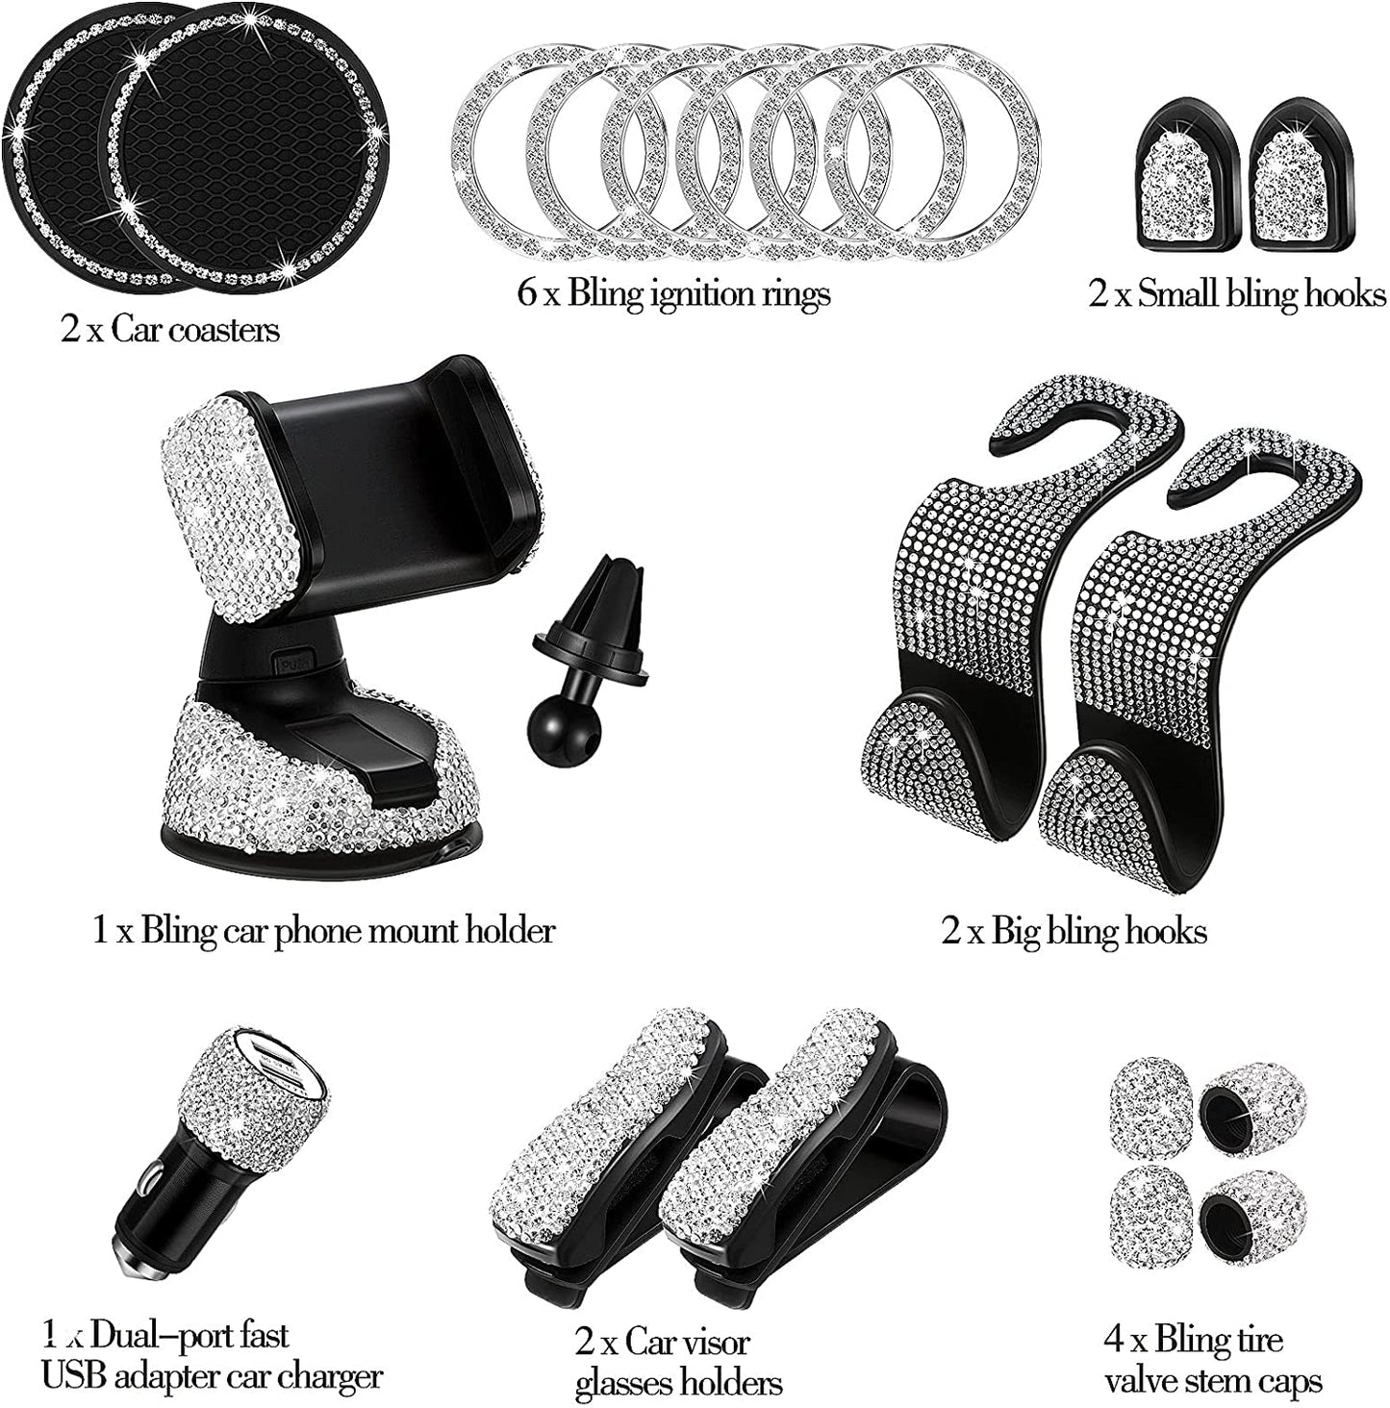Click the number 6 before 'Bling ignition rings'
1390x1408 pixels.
pyautogui.click(x=528, y=293)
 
